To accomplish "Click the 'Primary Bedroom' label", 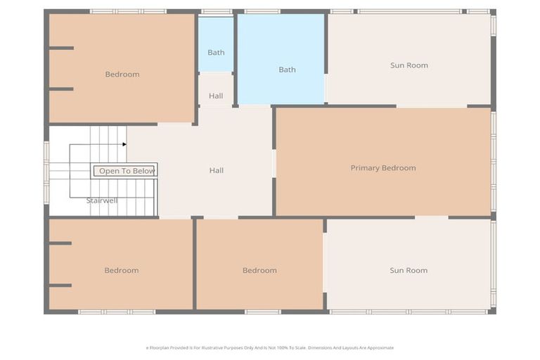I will pyautogui.click(x=383, y=168).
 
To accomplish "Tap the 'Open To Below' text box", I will pyautogui.click(x=126, y=171).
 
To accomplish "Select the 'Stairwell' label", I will pyautogui.click(x=102, y=201).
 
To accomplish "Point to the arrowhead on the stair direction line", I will pyautogui.click(x=124, y=144).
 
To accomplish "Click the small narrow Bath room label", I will pyautogui.click(x=216, y=53).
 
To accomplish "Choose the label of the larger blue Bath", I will pyautogui.click(x=287, y=70).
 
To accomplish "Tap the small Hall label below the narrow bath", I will pyautogui.click(x=216, y=96).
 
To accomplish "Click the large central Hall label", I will pyautogui.click(x=217, y=170).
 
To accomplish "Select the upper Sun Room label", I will pyautogui.click(x=409, y=65).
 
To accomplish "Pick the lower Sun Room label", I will pyautogui.click(x=409, y=271).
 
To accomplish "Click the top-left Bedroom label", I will pyautogui.click(x=122, y=75).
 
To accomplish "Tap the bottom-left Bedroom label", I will pyautogui.click(x=122, y=271).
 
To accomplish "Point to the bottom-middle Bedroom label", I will pyautogui.click(x=259, y=271).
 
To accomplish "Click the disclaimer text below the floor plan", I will pyautogui.click(x=270, y=347).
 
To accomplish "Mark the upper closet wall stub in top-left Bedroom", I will pyautogui.click(x=62, y=48).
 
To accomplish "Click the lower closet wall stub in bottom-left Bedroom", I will pyautogui.click(x=60, y=285).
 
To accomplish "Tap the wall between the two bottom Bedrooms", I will pyautogui.click(x=193, y=264).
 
